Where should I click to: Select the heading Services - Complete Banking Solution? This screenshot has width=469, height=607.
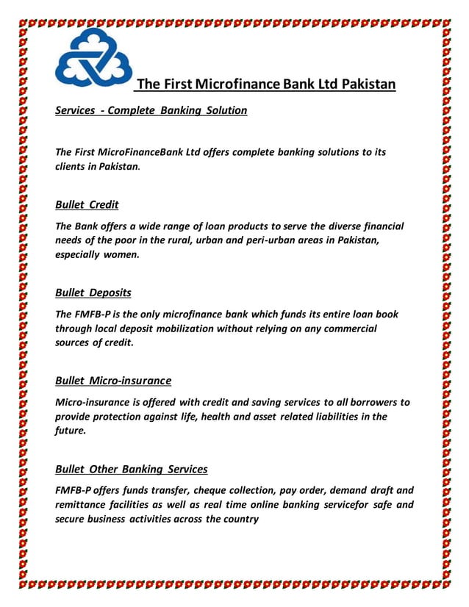pos(151,111)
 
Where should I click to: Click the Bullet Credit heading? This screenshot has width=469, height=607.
pos(87,204)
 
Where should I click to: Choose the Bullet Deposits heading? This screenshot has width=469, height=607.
pos(93,292)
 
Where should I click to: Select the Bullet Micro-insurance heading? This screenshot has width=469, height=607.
pos(113,381)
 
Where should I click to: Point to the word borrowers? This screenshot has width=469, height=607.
pos(363,402)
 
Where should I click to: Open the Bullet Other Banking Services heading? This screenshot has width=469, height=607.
pos(132,469)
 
